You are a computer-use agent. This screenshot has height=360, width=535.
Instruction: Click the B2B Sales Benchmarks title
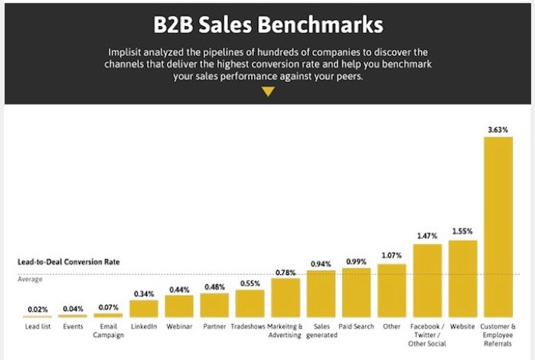(267, 25)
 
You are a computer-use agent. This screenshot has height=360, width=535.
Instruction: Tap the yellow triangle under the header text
(267, 92)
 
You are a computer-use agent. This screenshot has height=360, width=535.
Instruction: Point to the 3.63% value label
(497, 129)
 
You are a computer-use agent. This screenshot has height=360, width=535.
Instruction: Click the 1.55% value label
(462, 231)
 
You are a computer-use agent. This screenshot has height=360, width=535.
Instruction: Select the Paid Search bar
(357, 293)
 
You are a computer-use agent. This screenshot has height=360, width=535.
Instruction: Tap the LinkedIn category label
(144, 326)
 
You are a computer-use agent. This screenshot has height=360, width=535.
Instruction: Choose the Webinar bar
(179, 306)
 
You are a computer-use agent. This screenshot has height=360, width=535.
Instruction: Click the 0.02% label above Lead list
(38, 309)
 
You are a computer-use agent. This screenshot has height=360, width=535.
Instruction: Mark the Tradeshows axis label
(250, 326)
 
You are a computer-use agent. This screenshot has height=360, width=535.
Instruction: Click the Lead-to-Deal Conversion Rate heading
(69, 262)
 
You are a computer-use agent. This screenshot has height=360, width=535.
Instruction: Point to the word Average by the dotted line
(31, 279)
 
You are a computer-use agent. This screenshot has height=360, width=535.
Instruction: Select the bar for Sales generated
(321, 294)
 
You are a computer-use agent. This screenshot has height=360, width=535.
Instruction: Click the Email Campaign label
(108, 331)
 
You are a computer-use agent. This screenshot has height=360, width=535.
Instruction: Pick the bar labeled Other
(392, 291)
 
